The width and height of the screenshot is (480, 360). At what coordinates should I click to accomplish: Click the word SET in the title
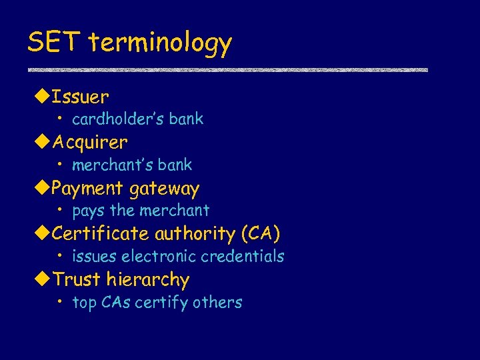coord(55,43)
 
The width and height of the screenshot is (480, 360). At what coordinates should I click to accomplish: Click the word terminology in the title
coord(160,44)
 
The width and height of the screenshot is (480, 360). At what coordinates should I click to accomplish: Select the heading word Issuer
coord(80,97)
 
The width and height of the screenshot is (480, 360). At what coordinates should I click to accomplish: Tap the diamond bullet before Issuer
coord(41,97)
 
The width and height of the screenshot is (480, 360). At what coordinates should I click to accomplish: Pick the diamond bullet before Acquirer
coord(41,142)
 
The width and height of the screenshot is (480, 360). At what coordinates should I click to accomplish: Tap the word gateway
coord(164,190)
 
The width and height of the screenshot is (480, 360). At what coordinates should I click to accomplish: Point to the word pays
coord(89,211)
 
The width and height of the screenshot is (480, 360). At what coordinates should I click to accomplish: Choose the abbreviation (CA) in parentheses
coord(261,234)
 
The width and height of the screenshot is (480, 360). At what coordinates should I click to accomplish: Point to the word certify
coord(161,303)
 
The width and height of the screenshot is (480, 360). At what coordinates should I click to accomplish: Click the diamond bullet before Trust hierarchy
coord(41,279)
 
